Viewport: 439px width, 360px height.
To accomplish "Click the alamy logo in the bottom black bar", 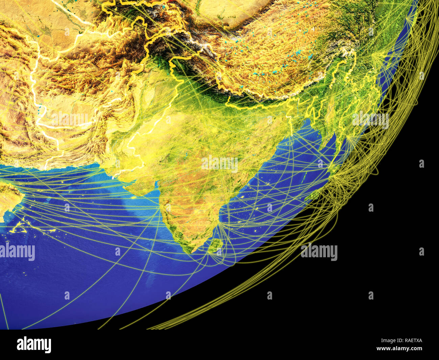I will pos(34,344).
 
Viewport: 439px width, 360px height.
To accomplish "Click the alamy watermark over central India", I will pos(219,164).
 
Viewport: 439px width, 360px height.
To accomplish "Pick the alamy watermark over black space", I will pos(319,252).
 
